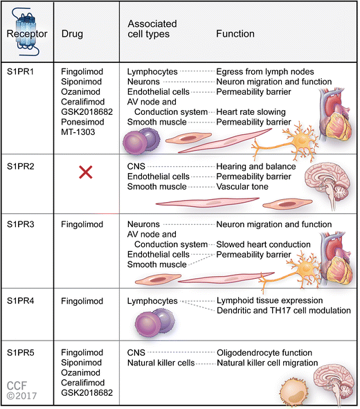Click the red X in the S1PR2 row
pos(86,174)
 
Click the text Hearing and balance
pos(255,167)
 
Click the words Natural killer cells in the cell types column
pos(161,362)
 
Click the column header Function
pos(235,33)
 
